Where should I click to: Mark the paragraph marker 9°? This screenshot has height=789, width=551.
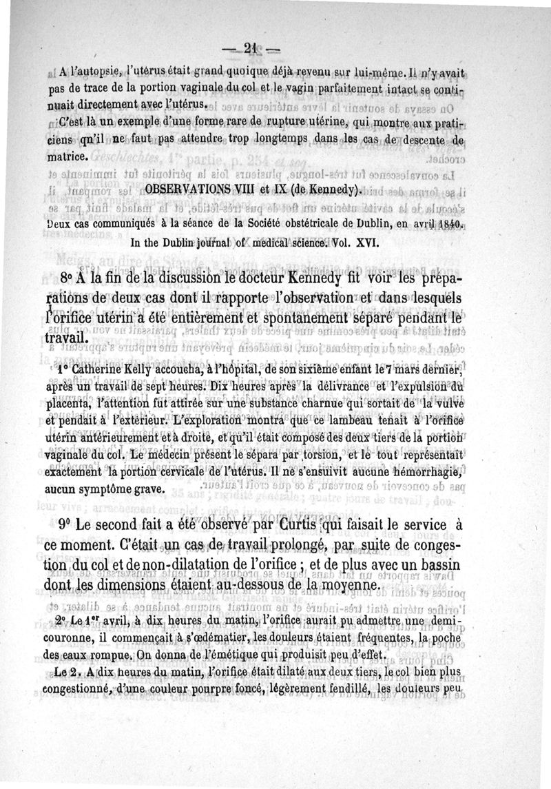pyautogui.click(x=70, y=524)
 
